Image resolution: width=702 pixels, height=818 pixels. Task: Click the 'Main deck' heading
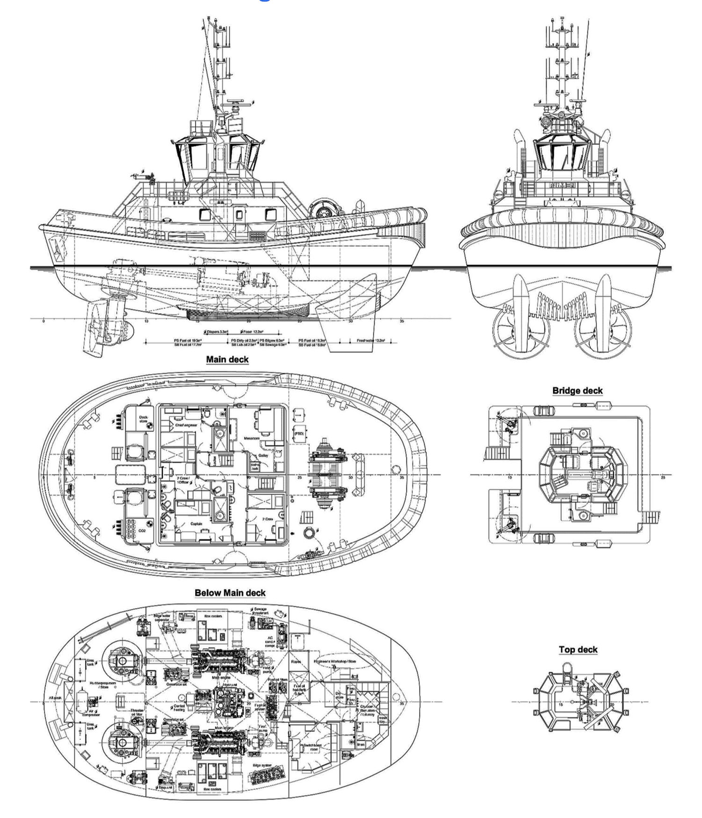227,359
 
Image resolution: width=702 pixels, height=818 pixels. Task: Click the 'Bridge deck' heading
577,391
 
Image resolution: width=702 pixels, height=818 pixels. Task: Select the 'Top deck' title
578,649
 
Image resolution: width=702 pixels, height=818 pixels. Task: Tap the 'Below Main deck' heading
230,593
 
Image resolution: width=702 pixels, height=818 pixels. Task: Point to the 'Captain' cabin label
196,524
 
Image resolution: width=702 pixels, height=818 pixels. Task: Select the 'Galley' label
264,455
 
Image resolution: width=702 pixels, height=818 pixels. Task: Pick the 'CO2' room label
142,531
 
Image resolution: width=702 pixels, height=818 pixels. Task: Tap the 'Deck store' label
143,419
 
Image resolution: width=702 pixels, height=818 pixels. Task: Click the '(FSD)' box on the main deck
299,434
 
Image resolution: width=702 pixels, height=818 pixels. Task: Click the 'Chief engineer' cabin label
186,425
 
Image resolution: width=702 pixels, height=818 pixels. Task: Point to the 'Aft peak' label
55,698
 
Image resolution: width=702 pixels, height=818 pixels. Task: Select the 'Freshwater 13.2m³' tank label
371,341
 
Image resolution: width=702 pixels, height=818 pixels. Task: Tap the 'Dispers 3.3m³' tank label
217,331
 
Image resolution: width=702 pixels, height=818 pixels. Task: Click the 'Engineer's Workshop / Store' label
335,661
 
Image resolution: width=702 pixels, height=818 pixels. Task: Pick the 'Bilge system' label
262,765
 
